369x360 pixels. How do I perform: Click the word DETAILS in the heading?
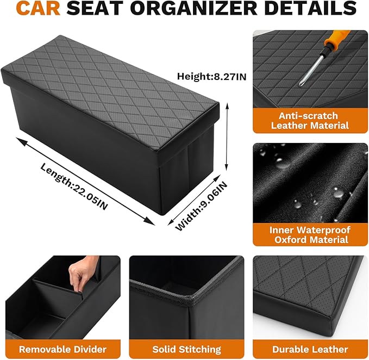(307, 9)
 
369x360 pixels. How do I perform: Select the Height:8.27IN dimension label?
(211, 77)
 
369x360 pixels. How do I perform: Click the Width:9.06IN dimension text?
(201, 207)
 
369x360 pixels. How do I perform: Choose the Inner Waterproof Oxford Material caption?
(310, 234)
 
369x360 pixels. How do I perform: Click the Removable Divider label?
(62, 349)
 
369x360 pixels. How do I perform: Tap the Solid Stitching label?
(186, 349)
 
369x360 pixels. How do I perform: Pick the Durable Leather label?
(310, 349)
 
